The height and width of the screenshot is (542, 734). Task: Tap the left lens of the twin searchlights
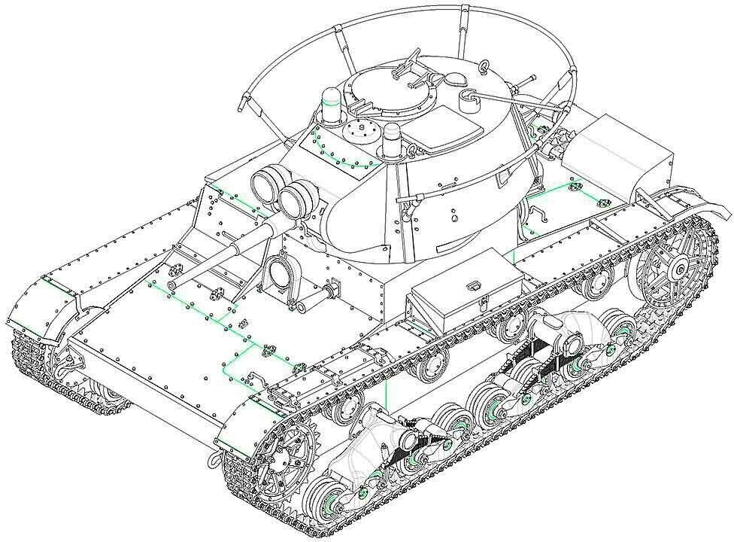(x=264, y=184)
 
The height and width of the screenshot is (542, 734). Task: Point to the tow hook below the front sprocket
(x=214, y=454)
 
